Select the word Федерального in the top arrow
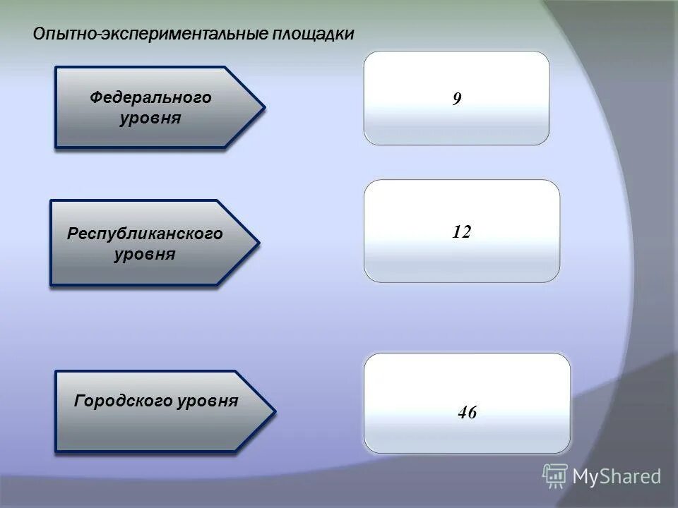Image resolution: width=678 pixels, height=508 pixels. click(150, 97)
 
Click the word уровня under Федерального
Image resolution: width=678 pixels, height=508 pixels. click(150, 118)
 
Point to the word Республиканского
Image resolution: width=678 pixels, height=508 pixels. click(145, 233)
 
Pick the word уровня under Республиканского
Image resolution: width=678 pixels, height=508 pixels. click(145, 253)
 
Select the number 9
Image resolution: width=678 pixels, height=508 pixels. click(457, 99)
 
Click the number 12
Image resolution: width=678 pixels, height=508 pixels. click(462, 231)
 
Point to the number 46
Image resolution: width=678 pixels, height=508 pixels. click(467, 413)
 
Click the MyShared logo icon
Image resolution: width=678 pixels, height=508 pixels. click(554, 476)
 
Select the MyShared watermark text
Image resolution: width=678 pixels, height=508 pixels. click(617, 477)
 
